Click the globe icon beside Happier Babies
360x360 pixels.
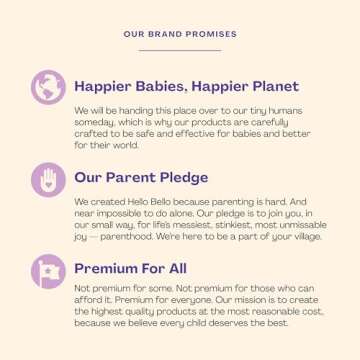[46, 88]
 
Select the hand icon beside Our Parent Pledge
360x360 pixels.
[46, 180]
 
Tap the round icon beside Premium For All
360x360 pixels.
[46, 271]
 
